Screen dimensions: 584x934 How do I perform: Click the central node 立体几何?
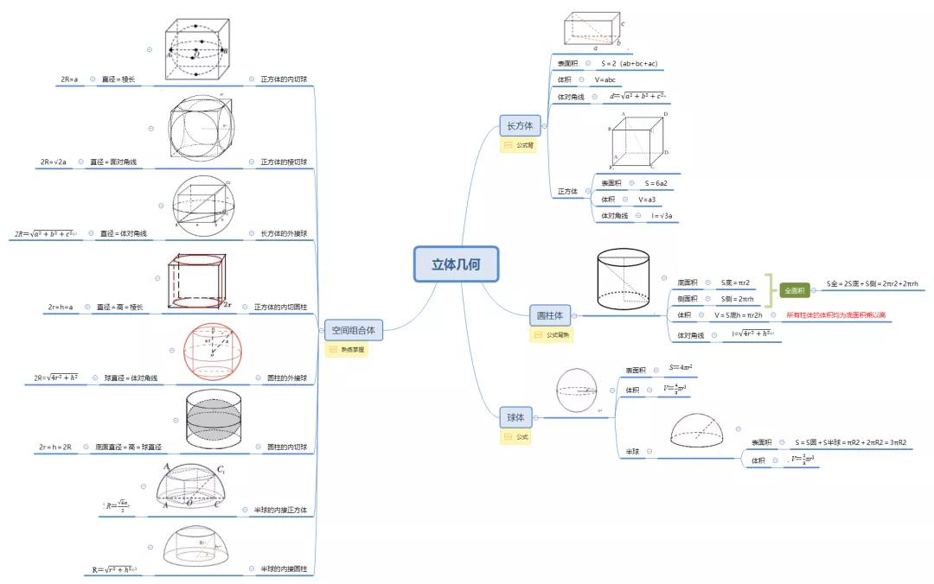[456, 264]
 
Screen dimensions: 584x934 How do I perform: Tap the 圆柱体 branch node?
[550, 316]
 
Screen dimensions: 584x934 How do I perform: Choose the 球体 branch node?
[516, 418]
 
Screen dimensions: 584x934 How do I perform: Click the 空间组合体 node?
[353, 328]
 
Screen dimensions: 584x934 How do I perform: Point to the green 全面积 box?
[795, 291]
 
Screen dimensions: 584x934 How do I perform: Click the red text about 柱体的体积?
[835, 315]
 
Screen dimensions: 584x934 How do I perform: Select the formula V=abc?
[605, 80]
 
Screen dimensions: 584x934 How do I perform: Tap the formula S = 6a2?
[656, 183]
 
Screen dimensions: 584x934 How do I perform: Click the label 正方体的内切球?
[284, 79]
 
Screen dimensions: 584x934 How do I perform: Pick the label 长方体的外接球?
[284, 234]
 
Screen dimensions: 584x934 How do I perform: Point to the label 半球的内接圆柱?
[284, 569]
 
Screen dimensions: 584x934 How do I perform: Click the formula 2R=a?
[69, 79]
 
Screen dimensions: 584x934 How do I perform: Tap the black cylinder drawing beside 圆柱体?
[623, 278]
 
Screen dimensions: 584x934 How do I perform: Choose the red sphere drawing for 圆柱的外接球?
[213, 352]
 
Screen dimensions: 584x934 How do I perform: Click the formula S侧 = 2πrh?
[737, 299]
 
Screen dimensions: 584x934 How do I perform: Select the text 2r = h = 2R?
[54, 448]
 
